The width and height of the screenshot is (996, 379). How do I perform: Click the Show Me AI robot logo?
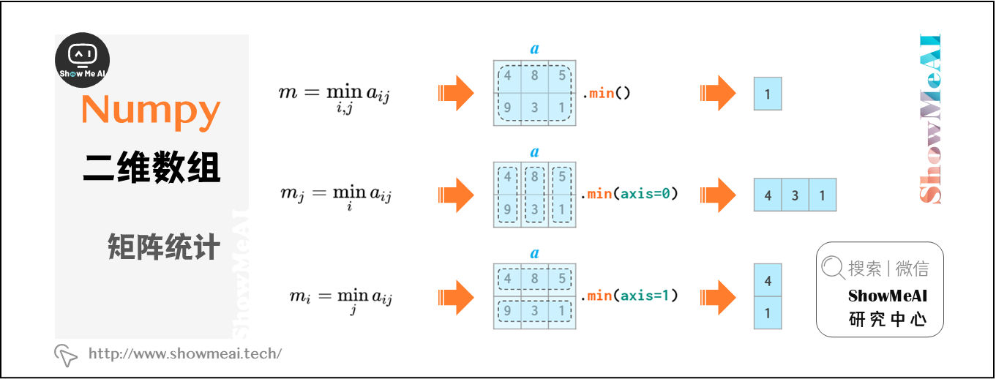83,60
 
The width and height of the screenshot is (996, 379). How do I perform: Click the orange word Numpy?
151,110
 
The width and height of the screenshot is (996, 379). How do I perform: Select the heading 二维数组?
151,169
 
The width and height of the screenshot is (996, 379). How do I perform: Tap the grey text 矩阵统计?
163,248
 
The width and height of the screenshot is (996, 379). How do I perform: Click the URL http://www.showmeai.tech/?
184,354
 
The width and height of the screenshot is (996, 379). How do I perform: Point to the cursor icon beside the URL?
66,355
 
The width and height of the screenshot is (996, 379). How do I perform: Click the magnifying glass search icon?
833,268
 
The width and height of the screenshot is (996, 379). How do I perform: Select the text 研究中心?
887,320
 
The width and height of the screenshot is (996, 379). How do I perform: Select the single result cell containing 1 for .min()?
768,94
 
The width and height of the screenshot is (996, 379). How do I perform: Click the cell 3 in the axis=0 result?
795,195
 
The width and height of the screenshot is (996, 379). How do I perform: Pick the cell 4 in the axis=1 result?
768,281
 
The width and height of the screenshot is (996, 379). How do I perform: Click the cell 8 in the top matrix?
535,75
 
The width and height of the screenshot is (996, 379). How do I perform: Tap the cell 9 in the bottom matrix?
507,311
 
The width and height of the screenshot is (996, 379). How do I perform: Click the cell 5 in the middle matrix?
562,176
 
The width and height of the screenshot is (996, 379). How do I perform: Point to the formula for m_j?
336,195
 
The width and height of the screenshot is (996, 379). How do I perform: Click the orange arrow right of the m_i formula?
455,296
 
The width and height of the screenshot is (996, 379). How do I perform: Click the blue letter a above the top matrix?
534,49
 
